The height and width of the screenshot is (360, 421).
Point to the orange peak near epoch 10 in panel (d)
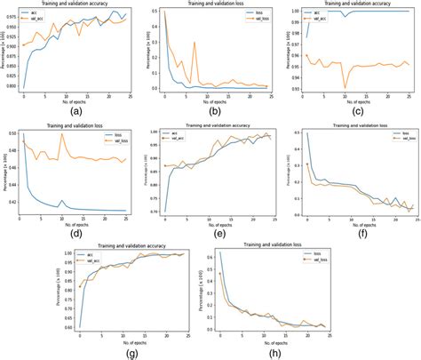(62, 133)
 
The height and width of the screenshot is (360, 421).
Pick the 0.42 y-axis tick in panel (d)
(10, 202)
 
